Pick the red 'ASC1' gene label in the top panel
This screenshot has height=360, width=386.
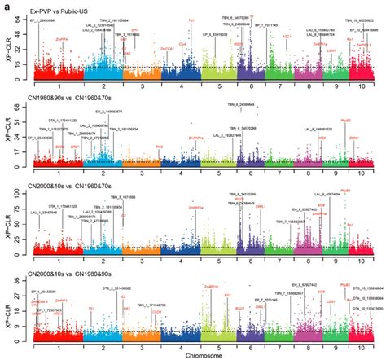coord(287,37)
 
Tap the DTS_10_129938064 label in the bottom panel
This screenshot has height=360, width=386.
coord(364,288)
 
